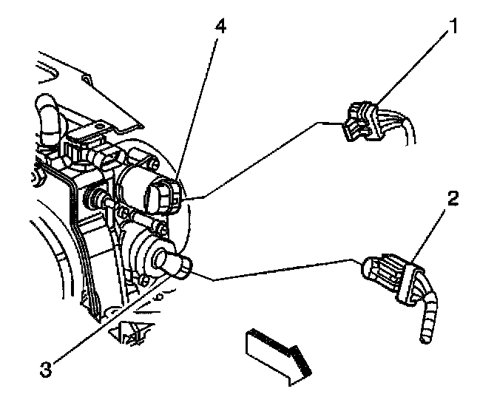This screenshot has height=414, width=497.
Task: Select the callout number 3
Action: click(47, 367)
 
